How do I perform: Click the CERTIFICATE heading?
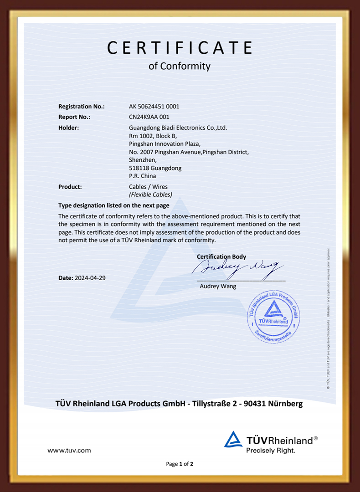[x=180, y=48]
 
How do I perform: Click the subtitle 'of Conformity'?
[x=180, y=66]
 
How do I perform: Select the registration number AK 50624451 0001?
[x=154, y=107]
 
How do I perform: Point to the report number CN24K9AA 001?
[x=149, y=117]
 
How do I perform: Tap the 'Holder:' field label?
[x=68, y=128]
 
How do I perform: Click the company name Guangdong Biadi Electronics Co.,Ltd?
[x=178, y=128]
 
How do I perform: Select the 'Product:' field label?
[x=70, y=187]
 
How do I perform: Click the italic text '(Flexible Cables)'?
[x=150, y=195]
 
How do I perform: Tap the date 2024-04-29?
[x=90, y=277]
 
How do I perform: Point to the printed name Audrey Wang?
[x=218, y=287]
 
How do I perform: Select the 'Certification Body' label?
[x=221, y=257]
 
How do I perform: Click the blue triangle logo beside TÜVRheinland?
[x=233, y=440]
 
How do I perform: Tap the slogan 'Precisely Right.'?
[x=271, y=450]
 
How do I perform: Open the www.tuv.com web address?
[x=69, y=451]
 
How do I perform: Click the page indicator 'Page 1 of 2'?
[x=180, y=464]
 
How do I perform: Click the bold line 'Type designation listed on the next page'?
[x=114, y=205]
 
